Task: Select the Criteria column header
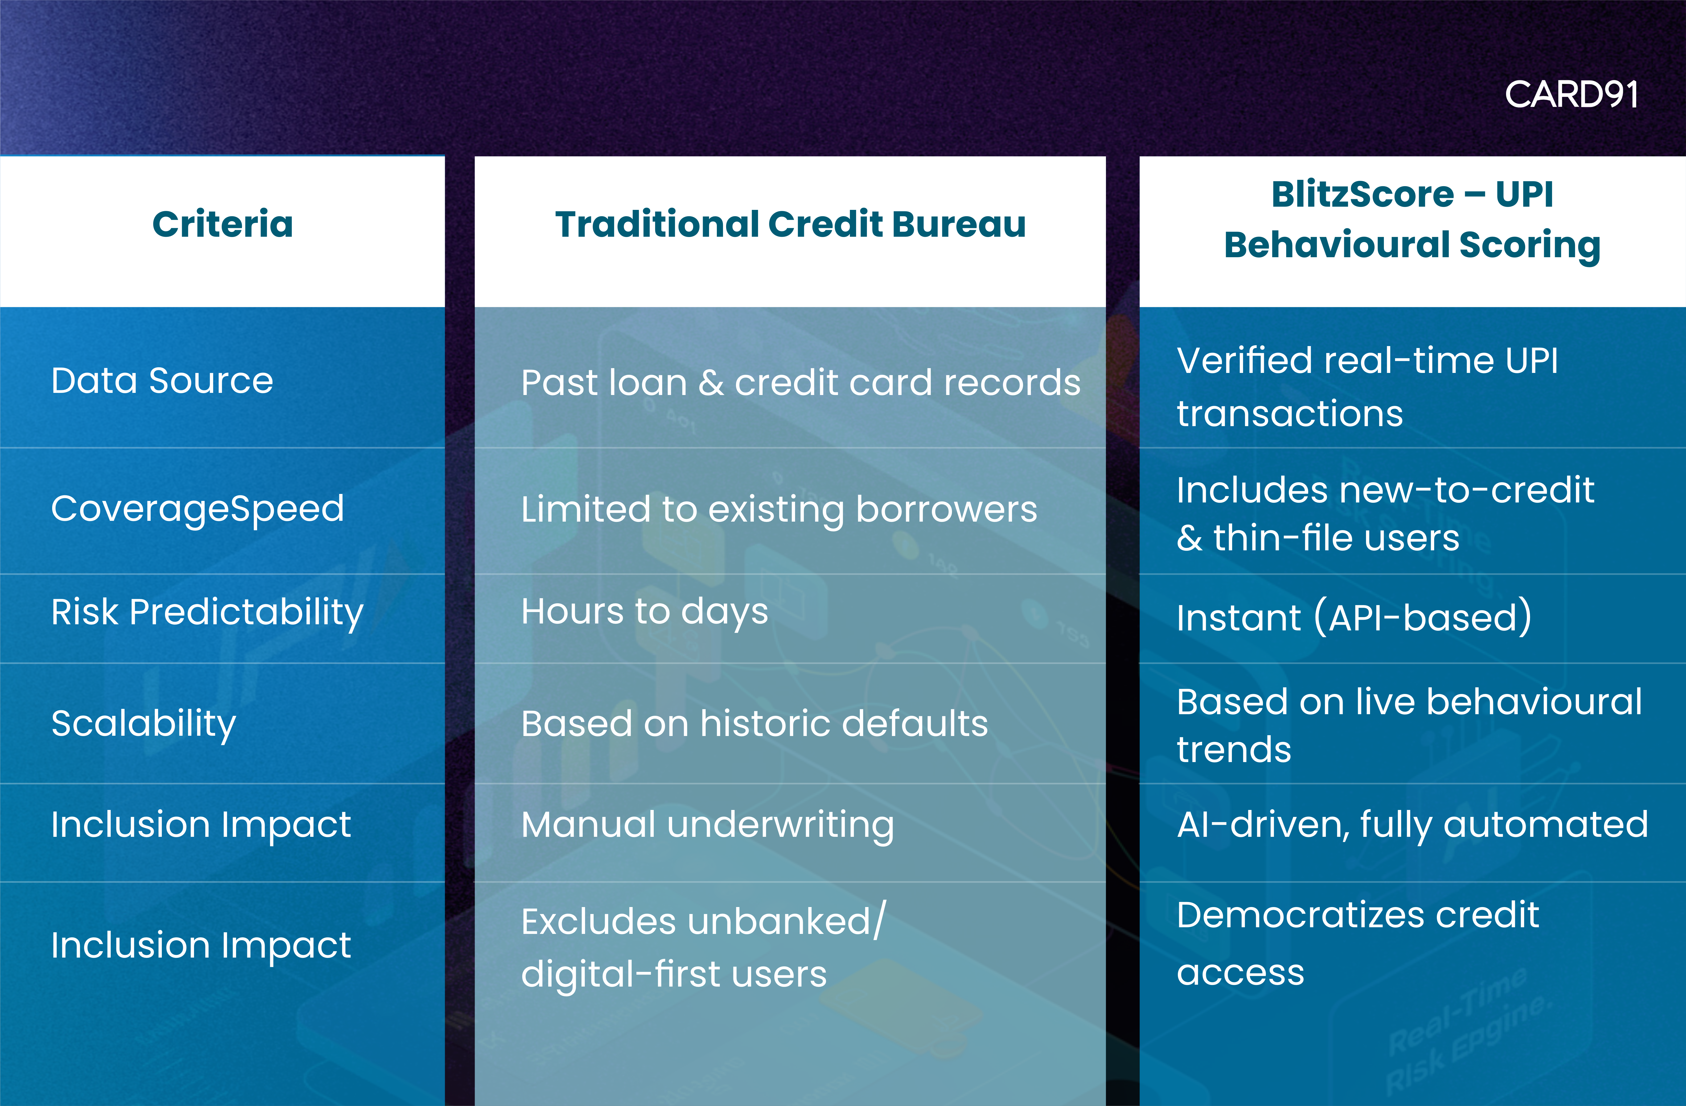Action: pos(223,224)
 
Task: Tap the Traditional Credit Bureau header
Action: pos(790,224)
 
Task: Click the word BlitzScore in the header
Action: pos(1362,194)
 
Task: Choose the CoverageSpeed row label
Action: pos(198,508)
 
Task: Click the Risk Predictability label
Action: pos(207,612)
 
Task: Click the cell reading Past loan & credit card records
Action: pos(800,382)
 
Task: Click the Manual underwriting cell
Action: pos(707,825)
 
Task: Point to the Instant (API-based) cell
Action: pos(1354,617)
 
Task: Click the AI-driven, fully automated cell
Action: pos(1412,825)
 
